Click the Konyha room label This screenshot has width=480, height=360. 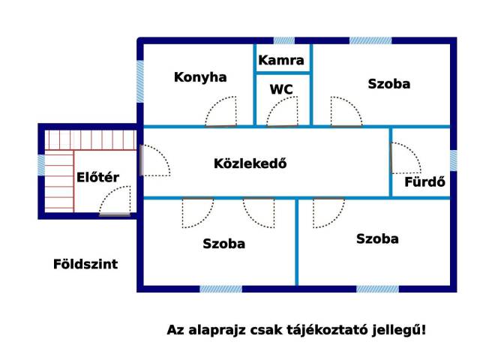[200, 77]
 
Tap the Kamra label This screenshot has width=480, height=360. [281, 60]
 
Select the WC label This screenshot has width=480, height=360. [281, 89]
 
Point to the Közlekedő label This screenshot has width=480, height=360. [250, 163]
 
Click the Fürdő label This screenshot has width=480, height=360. [425, 181]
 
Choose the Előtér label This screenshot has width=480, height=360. [97, 177]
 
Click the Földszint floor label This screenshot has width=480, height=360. [85, 264]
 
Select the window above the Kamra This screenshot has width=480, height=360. [284, 40]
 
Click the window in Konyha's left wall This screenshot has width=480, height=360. [140, 82]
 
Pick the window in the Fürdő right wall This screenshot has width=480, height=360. [453, 160]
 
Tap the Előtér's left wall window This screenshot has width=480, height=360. [41, 165]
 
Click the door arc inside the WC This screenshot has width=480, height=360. [282, 112]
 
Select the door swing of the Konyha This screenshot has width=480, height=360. [220, 112]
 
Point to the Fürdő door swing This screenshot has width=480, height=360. [406, 158]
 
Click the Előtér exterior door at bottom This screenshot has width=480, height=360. [115, 200]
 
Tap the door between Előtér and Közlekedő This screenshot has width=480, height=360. [155, 160]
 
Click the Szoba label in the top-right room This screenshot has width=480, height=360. [389, 84]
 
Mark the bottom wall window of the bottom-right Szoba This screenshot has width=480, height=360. [378, 289]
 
